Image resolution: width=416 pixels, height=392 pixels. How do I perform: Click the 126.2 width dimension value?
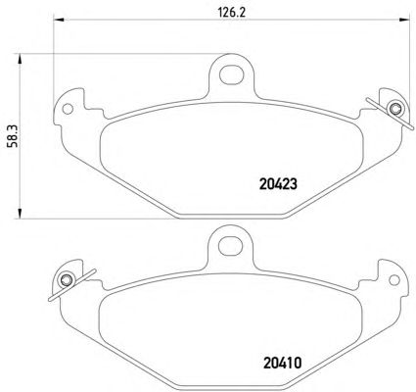(x=231, y=13)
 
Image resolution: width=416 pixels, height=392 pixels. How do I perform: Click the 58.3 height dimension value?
(x=14, y=136)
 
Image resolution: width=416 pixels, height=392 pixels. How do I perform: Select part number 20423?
(x=278, y=184)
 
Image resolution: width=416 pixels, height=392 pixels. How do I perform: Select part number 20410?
(x=282, y=363)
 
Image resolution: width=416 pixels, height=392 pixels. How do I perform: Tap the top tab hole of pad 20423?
(x=231, y=74)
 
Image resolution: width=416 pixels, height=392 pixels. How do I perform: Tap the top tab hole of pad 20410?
(x=230, y=247)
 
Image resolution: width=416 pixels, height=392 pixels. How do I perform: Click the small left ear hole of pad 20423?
(x=68, y=109)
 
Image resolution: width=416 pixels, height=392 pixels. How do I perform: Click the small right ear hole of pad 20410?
(x=394, y=280)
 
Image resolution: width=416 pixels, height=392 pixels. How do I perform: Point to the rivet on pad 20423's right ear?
(x=394, y=108)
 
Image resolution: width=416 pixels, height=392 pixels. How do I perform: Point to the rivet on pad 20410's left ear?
(x=67, y=279)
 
